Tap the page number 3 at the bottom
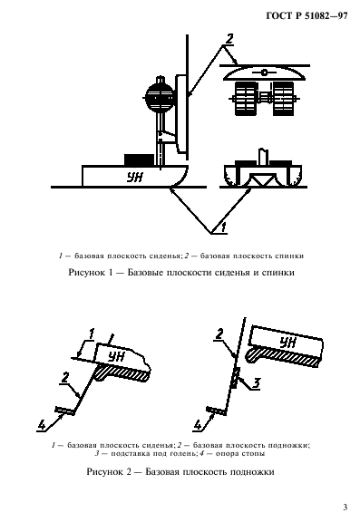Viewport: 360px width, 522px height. tap(345, 507)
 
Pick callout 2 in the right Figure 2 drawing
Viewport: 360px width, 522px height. tap(219, 337)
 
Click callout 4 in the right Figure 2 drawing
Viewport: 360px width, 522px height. tap(198, 422)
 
